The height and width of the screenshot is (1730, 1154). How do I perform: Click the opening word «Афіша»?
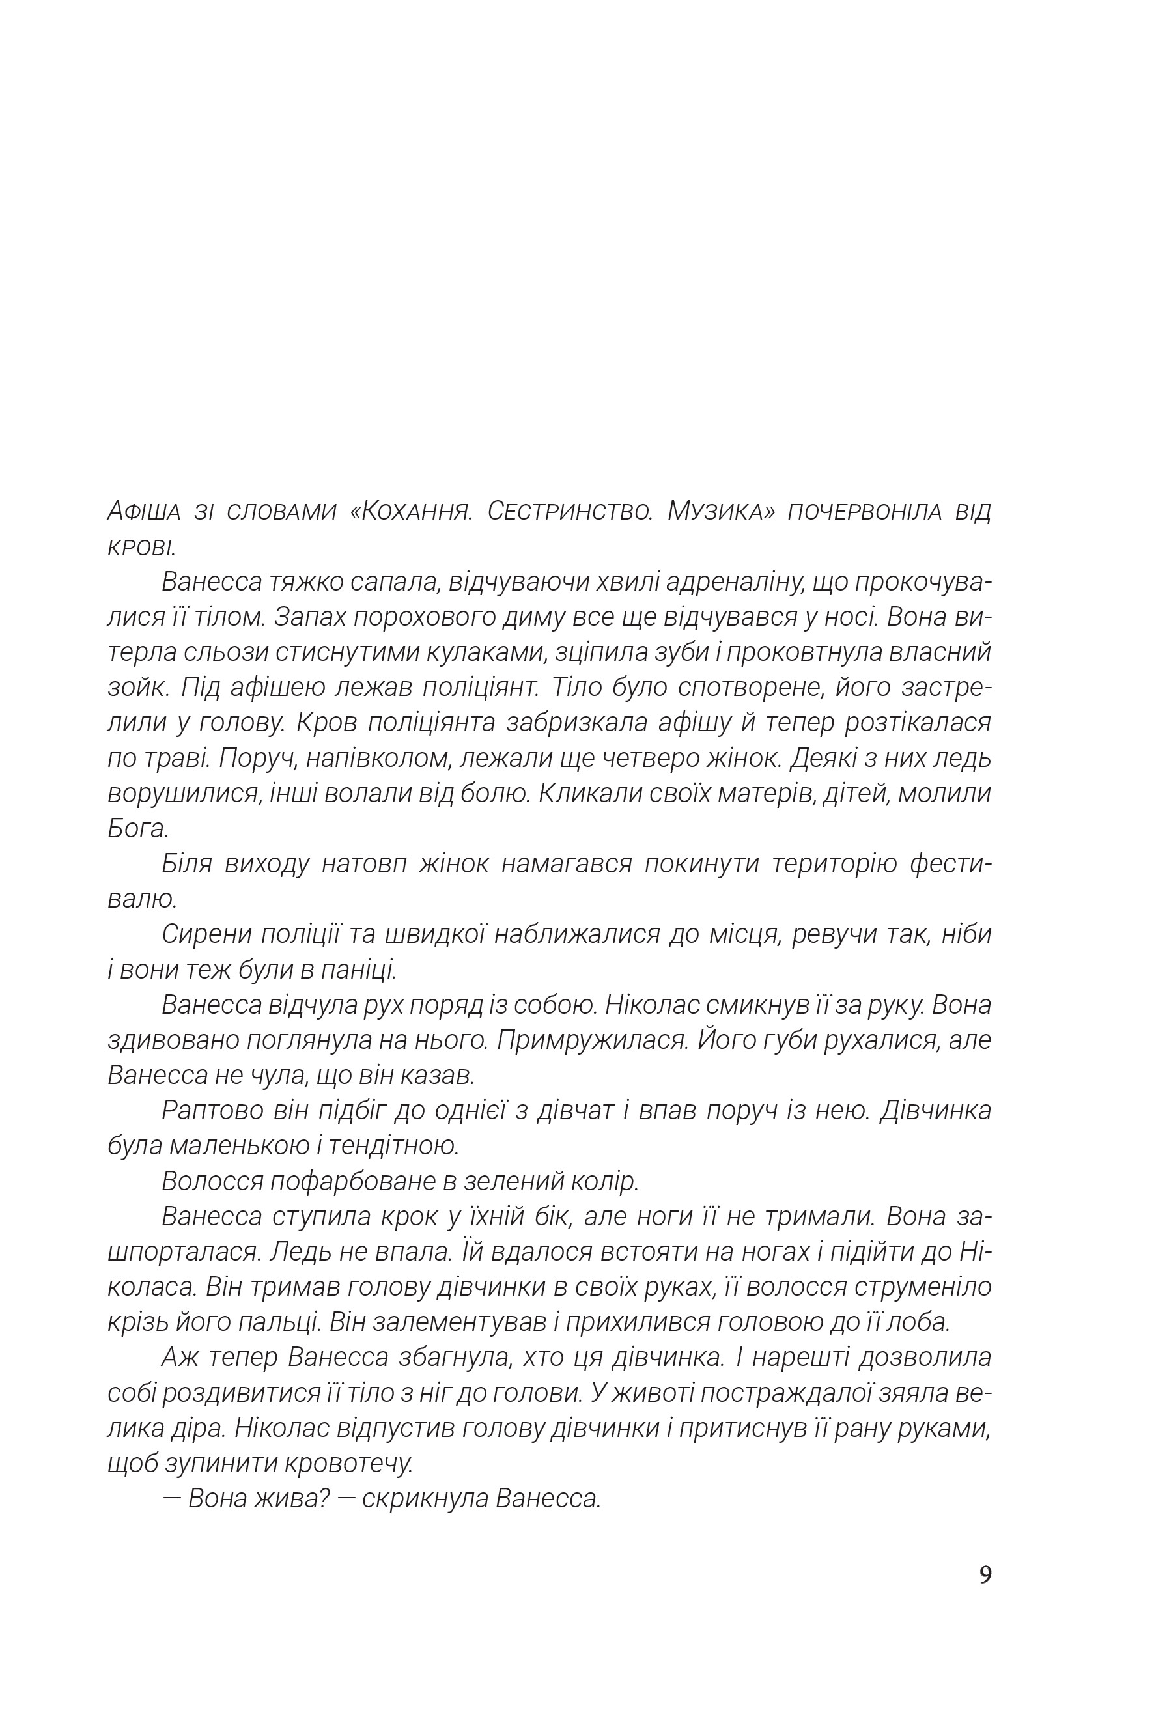point(145,510)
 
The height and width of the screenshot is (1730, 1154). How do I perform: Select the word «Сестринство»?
point(570,510)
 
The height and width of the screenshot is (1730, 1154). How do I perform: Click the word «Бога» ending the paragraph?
point(137,830)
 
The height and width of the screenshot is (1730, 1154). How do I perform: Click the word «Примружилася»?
point(591,1040)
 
